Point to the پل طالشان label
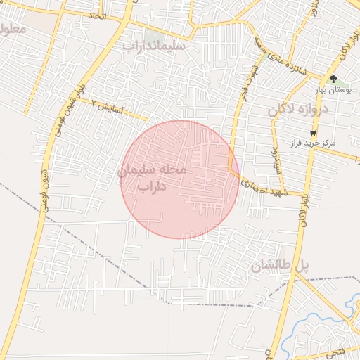[280, 265]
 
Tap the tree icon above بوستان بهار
[333, 79]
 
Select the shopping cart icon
[312, 131]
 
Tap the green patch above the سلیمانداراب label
[154, 33]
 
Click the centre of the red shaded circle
[179, 179]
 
